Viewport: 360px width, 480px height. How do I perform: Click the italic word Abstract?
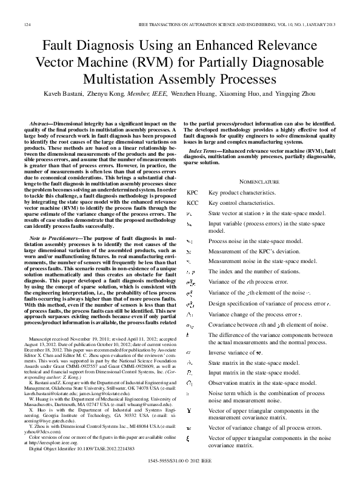pyautogui.click(x=41, y=123)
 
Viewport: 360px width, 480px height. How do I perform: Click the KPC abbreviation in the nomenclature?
pyautogui.click(x=192, y=192)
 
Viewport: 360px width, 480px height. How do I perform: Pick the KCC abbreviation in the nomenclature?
pyautogui.click(x=192, y=202)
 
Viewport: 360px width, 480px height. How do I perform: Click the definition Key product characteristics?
pyautogui.click(x=241, y=192)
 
